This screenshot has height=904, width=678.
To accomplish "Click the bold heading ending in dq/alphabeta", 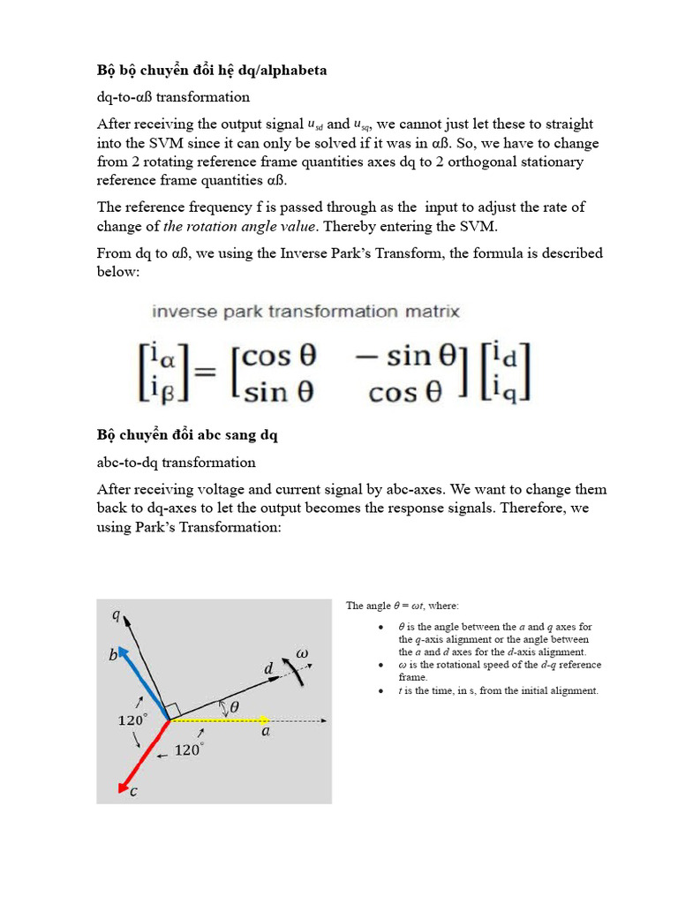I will tap(211, 70).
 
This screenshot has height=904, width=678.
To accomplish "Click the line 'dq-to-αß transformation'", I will tap(173, 97).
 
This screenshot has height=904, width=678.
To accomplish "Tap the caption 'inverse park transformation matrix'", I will tap(305, 312).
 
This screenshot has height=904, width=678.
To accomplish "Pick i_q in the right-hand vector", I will tap(508, 388).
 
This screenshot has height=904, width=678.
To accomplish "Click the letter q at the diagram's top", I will tap(116, 615).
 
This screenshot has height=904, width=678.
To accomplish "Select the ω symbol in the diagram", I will tap(303, 652).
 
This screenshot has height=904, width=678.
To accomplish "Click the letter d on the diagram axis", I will tap(268, 669).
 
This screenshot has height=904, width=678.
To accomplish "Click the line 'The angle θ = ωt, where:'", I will tap(403, 606).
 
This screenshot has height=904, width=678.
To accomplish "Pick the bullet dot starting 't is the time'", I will tap(380, 690).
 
